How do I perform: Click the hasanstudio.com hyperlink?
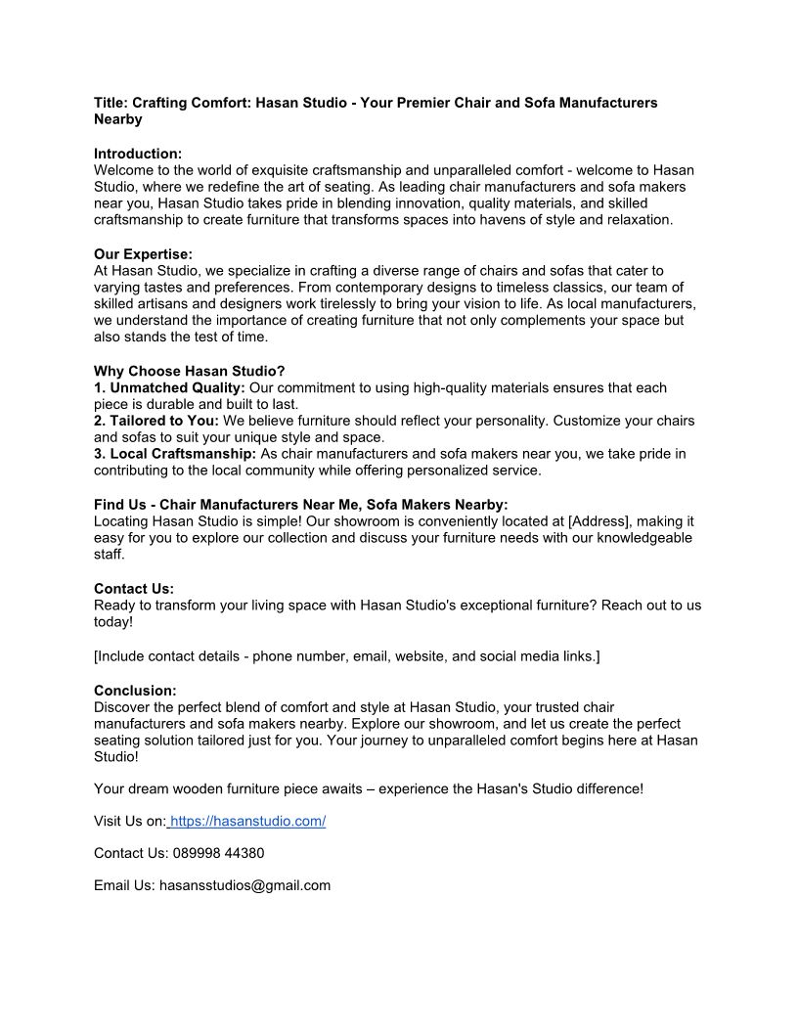[247, 821]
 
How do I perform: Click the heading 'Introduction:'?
[138, 154]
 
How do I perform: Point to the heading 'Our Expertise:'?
[143, 254]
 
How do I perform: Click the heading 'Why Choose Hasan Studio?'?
[190, 371]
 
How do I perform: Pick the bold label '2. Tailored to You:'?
[156, 421]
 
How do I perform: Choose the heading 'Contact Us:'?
[134, 589]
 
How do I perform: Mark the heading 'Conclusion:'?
[135, 691]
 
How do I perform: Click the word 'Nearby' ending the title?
[118, 119]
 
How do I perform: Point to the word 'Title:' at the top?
[111, 103]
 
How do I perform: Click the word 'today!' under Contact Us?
[113, 622]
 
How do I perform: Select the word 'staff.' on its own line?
[110, 555]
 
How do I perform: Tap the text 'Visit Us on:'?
[130, 821]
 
